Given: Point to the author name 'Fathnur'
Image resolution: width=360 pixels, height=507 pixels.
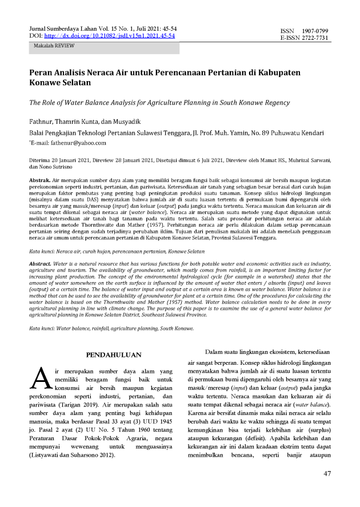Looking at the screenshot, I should (43, 122).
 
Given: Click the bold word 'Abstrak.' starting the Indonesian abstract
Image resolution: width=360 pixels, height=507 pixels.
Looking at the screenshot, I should (42, 180).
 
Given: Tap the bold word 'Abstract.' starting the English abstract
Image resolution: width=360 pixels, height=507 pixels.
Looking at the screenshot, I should (42, 263).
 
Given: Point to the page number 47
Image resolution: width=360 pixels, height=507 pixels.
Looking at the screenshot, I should (327, 473).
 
